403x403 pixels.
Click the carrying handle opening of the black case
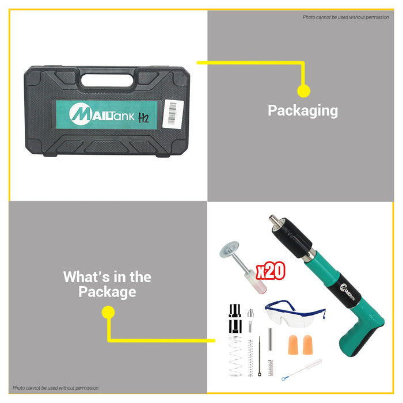107,80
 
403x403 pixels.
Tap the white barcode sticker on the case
173,114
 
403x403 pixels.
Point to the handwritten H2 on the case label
143,117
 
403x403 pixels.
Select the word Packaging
303,111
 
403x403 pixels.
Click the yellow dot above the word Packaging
303,91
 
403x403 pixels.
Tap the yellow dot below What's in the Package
108,312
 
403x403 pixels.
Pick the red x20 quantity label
271,271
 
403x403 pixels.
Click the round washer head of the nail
229,249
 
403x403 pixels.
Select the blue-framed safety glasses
295,314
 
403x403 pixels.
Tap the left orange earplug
293,345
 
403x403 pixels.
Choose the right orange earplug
307,345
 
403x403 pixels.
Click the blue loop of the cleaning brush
283,378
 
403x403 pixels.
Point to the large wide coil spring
235,356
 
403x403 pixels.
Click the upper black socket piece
235,310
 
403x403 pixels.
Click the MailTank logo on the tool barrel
348,292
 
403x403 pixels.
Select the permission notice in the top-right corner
345,17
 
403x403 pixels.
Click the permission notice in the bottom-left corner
55,388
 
